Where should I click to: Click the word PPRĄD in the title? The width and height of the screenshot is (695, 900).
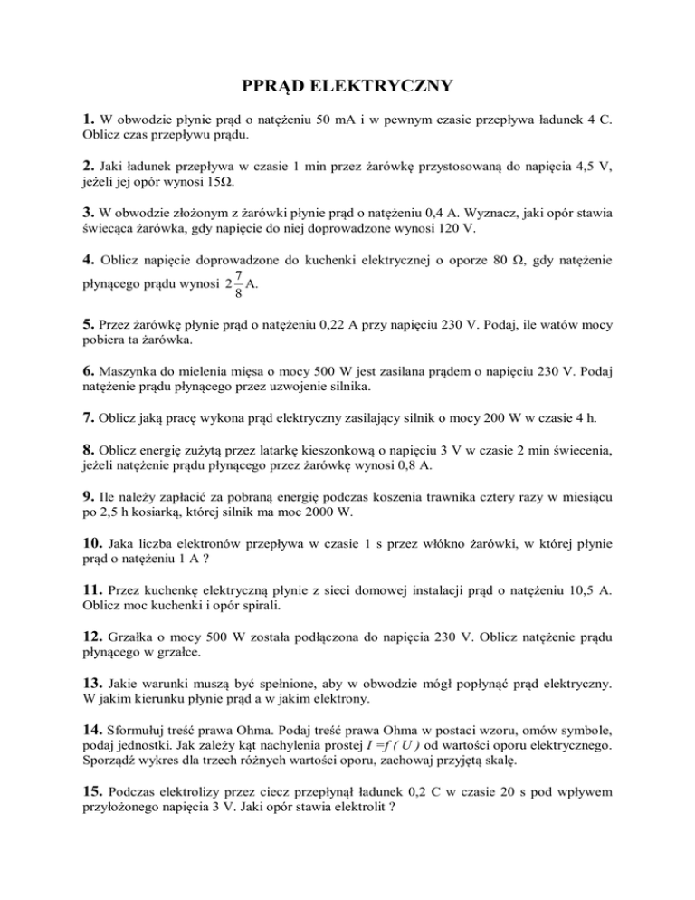point(276,88)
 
